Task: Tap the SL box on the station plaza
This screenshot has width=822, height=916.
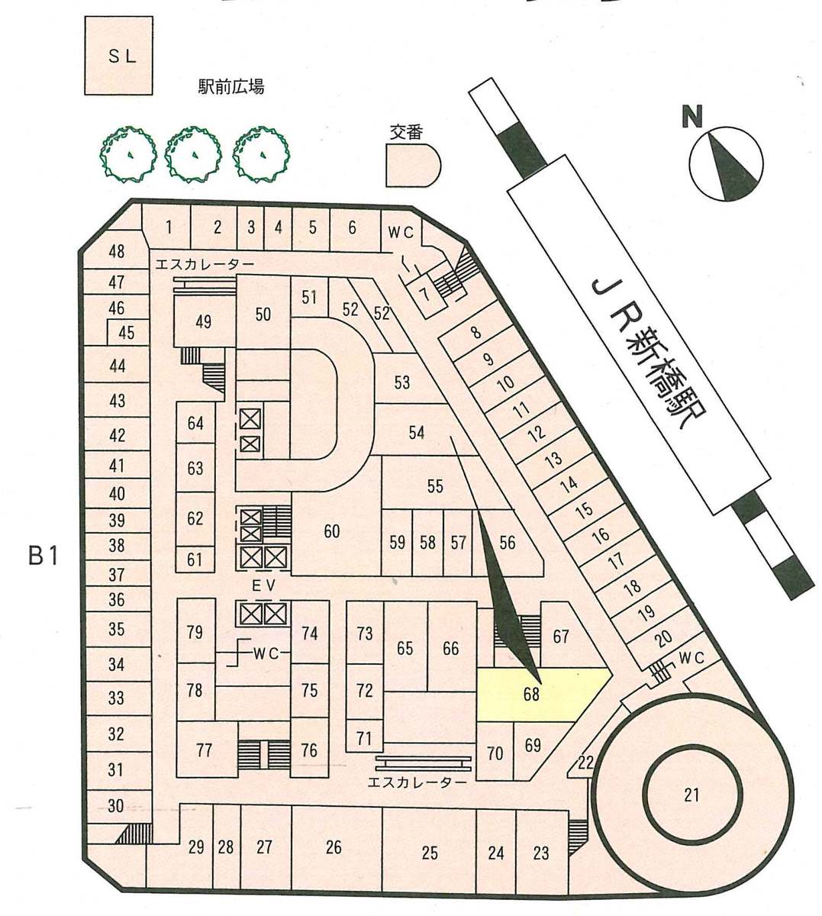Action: (x=119, y=56)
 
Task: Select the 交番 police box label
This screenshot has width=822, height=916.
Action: (x=407, y=133)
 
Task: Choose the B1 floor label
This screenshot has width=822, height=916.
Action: (x=44, y=556)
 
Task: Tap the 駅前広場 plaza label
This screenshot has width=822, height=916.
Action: (x=231, y=86)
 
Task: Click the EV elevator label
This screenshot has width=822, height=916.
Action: (x=263, y=586)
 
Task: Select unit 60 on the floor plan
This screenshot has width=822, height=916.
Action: (x=332, y=531)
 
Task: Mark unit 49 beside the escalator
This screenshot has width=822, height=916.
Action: (x=204, y=321)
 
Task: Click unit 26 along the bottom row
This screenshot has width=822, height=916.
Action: (x=334, y=847)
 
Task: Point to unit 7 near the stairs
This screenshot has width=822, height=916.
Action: (x=424, y=295)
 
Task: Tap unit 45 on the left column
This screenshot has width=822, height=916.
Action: (x=126, y=333)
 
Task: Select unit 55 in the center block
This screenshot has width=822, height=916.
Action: (x=435, y=486)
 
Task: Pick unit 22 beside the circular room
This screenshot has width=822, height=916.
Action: (x=585, y=763)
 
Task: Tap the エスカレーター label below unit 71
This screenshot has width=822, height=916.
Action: (x=417, y=782)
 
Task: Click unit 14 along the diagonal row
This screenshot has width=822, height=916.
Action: (x=569, y=482)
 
